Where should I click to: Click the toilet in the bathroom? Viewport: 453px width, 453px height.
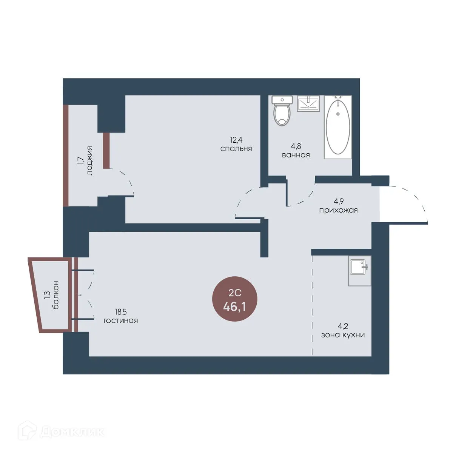click(x=282, y=111)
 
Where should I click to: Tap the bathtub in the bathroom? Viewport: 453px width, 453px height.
click(x=338, y=127)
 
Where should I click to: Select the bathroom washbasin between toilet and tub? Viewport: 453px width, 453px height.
click(x=308, y=103)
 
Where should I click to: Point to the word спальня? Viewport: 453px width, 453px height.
click(x=236, y=149)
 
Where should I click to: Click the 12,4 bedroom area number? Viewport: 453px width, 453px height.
click(x=236, y=140)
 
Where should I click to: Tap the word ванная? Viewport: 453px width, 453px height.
click(x=296, y=155)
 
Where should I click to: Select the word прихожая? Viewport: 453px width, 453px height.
click(x=338, y=210)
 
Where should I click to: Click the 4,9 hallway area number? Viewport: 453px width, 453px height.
click(x=338, y=202)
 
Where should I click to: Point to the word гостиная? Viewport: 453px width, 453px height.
click(x=120, y=320)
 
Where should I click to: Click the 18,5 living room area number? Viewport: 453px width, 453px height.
click(x=120, y=312)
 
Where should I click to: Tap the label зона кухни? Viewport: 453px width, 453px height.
click(x=343, y=335)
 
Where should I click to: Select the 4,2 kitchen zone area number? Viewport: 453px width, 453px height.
click(x=343, y=326)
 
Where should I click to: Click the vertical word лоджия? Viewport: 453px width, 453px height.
click(x=89, y=161)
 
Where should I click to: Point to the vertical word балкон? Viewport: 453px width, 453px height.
click(x=56, y=295)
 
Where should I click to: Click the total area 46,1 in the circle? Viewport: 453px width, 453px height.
click(x=234, y=307)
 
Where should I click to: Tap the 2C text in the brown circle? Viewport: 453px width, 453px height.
click(x=235, y=293)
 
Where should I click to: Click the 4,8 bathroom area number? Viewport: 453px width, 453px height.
click(x=296, y=146)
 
